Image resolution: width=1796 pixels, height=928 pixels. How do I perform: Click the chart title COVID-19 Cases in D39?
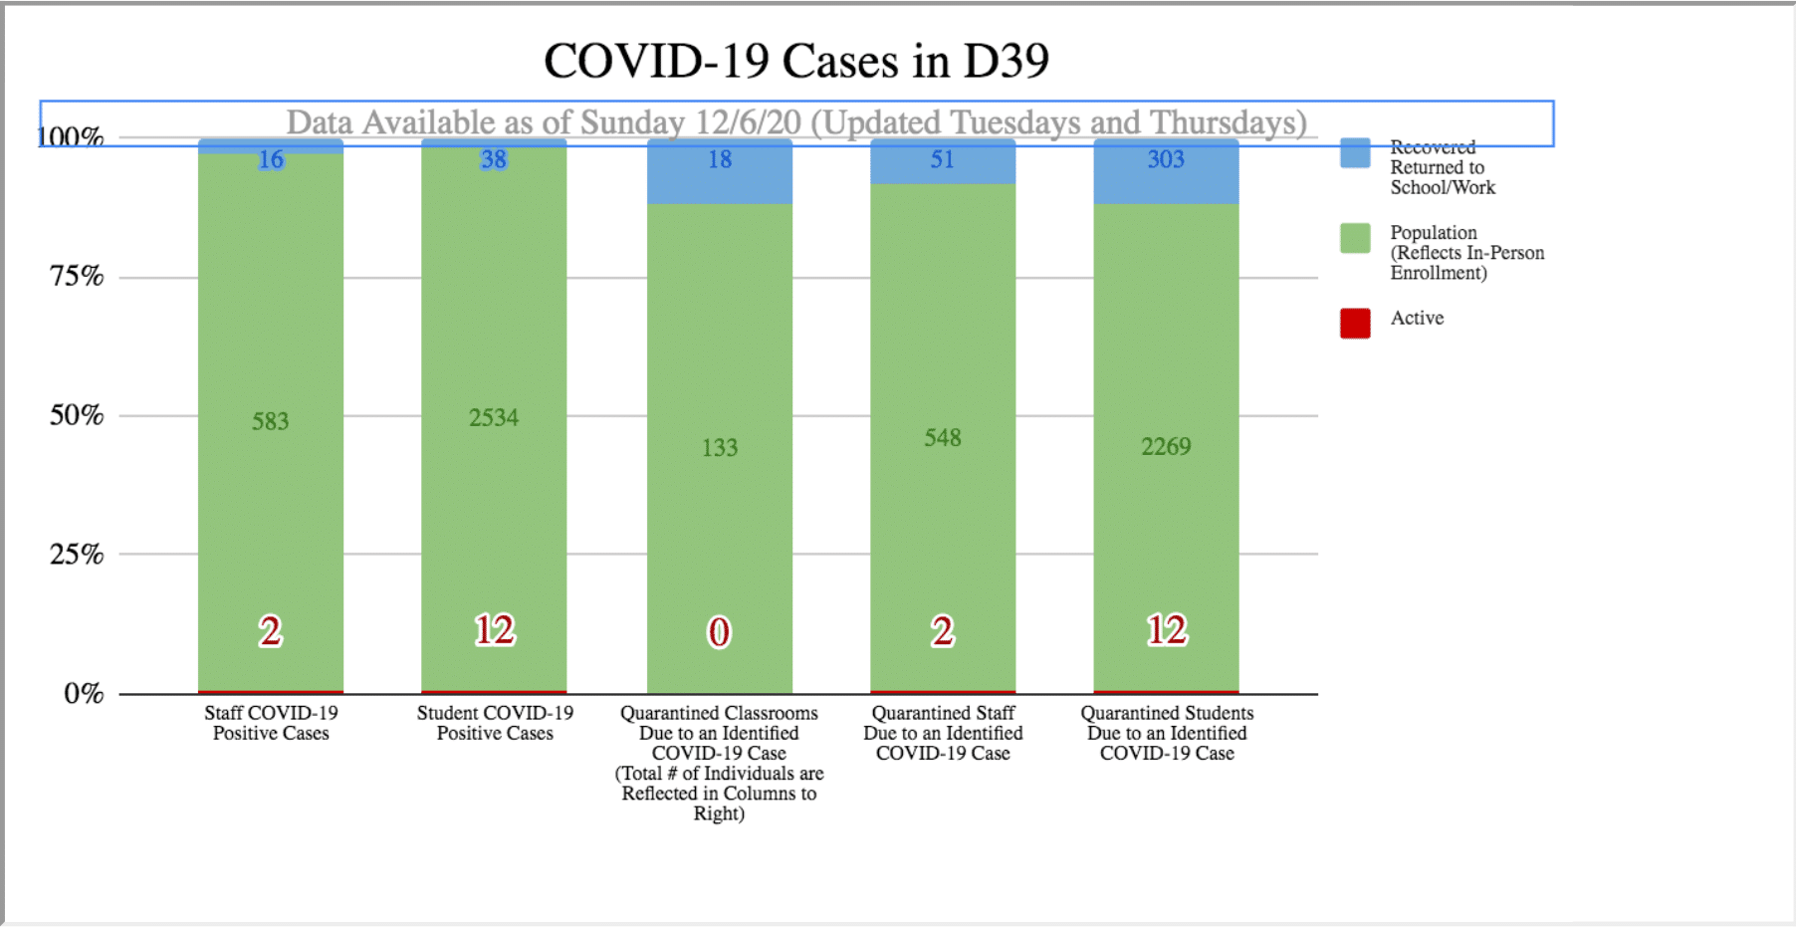(x=796, y=61)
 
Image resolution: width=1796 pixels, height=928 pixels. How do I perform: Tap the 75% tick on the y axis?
(x=77, y=276)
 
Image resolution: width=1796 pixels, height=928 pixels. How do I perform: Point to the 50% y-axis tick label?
(x=77, y=415)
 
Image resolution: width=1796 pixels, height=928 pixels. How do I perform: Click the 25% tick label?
(x=77, y=554)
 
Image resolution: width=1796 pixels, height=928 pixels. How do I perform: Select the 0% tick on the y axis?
(x=84, y=693)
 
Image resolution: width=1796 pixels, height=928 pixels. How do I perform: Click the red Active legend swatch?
(x=1355, y=323)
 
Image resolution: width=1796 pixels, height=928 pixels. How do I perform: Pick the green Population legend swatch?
(x=1355, y=238)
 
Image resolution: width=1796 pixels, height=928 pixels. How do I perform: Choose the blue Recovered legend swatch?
(x=1355, y=153)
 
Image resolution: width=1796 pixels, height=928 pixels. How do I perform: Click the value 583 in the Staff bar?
(x=270, y=421)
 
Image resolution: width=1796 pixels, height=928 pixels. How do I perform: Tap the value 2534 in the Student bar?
(x=494, y=417)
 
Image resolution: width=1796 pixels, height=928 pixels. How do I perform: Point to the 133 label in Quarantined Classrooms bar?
(x=720, y=448)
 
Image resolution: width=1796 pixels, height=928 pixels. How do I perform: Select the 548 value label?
(x=943, y=438)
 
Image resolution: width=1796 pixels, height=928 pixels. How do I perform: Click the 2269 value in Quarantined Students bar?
(x=1166, y=446)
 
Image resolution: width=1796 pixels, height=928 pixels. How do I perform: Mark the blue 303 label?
(x=1166, y=159)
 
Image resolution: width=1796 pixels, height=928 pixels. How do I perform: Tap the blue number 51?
(x=943, y=159)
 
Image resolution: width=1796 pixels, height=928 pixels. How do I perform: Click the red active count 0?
(x=719, y=632)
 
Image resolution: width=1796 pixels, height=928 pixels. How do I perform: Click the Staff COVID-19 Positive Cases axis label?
(x=271, y=723)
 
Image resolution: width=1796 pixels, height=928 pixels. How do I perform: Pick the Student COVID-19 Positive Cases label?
(x=495, y=723)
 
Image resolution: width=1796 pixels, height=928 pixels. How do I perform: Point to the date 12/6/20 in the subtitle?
(x=748, y=122)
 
